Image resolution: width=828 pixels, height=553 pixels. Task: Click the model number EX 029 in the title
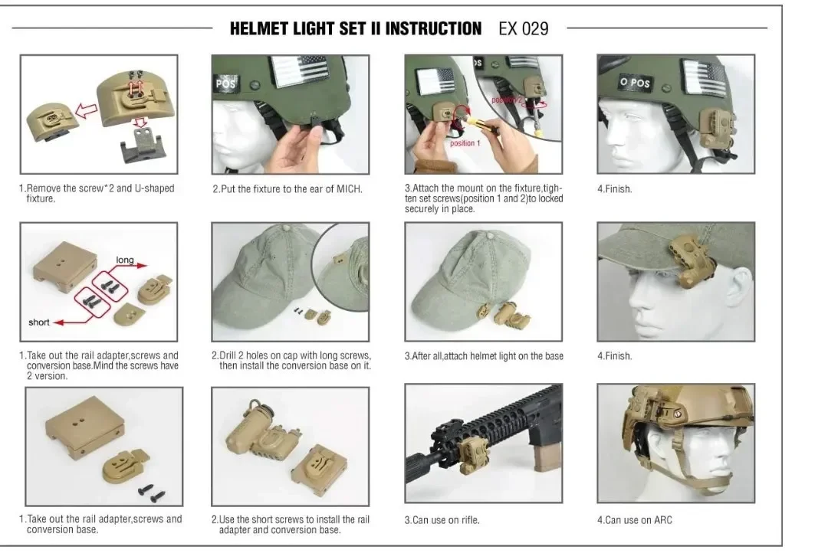tap(524, 28)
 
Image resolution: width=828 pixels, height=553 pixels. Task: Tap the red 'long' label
tap(125, 260)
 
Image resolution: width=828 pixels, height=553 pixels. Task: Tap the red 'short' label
tap(39, 322)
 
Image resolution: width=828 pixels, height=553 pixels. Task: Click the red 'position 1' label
tap(465, 143)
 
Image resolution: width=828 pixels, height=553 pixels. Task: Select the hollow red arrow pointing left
tap(86, 111)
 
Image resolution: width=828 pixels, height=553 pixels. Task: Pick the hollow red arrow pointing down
tap(140, 123)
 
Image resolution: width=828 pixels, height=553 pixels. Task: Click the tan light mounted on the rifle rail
tap(472, 453)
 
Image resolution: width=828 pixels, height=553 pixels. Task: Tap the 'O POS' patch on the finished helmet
tap(636, 82)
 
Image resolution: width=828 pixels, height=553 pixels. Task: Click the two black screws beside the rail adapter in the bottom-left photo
tap(152, 492)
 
